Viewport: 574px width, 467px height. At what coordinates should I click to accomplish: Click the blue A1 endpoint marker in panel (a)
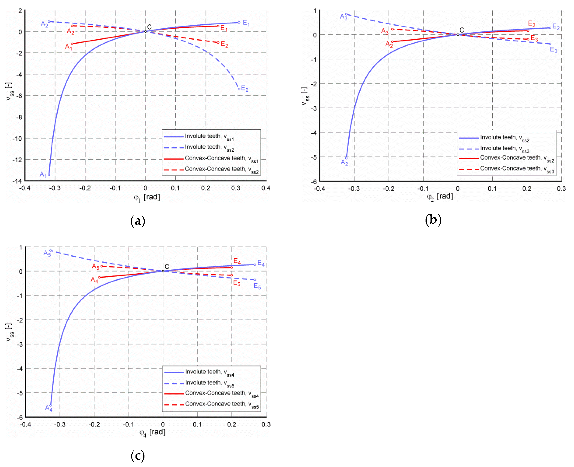49,175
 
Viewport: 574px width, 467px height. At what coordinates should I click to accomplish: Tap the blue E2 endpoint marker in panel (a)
239,89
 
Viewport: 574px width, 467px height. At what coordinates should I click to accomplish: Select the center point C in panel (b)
458,34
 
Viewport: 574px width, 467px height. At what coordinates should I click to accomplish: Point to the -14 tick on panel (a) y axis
17,181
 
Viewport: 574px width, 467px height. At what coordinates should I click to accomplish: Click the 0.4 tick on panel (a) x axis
266,188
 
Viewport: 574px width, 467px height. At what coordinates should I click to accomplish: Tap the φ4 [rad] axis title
152,432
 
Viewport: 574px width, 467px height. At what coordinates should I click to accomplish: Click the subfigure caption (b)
433,220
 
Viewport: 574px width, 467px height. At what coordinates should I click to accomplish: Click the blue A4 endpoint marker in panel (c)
51,405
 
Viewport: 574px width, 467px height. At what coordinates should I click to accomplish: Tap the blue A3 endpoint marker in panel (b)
346,14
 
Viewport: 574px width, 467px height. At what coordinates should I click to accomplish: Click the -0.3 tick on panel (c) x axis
60,425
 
